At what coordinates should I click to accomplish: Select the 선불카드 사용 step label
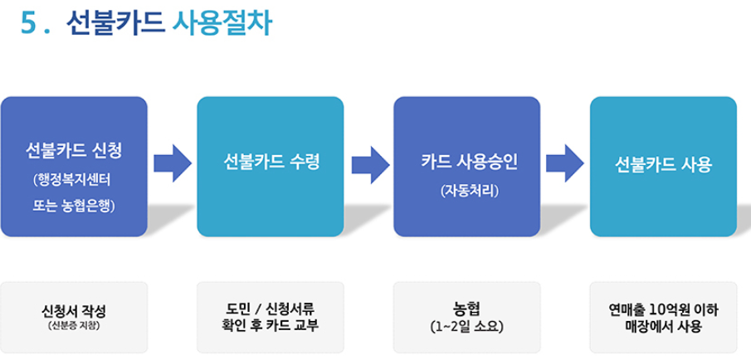(664, 163)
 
